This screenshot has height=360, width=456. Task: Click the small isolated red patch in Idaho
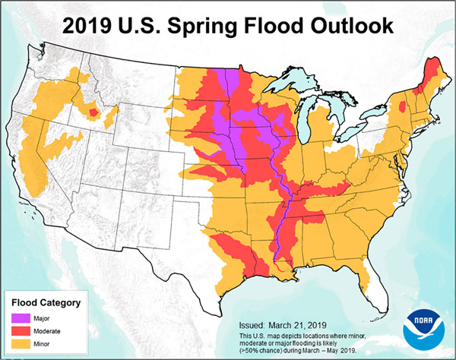click(x=94, y=113)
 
